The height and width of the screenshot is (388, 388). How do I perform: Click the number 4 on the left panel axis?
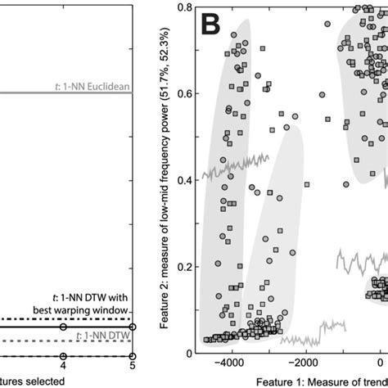(x=63, y=365)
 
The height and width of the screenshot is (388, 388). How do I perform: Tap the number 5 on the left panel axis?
(x=133, y=365)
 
